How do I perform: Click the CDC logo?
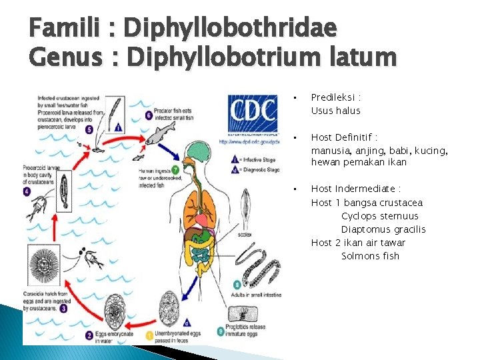[252, 114]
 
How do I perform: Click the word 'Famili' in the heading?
[65, 28]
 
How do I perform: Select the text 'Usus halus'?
[335, 111]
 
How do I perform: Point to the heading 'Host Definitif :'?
[345, 137]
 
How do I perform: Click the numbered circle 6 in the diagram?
[148, 114]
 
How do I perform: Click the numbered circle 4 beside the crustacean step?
[27, 191]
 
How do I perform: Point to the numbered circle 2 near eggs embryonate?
[89, 336]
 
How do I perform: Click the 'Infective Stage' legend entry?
[257, 159]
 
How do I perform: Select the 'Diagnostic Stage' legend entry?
[257, 169]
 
